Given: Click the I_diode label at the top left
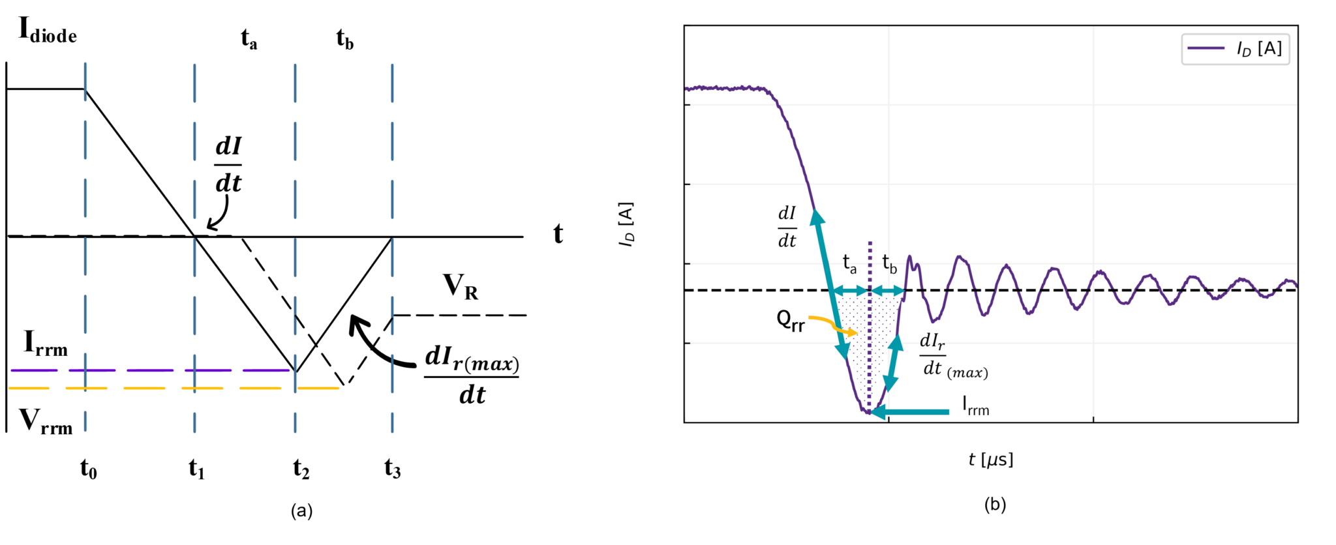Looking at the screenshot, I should pos(47,31).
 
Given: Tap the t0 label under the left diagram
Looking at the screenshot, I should pos(88,469).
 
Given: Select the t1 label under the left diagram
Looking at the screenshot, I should pos(196,469).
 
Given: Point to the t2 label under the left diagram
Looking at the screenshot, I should pos(301,469).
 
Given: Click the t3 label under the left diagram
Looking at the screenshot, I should pos(392,469).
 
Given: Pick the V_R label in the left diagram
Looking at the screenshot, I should pos(461,287).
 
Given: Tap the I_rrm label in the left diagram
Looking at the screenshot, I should pos(46,344).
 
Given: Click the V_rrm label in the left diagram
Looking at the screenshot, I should pos(46,422).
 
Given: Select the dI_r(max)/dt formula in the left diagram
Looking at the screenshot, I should pos(472,376).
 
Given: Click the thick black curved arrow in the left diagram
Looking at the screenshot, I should pos(378,346).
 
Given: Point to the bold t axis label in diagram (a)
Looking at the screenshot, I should pos(558,233).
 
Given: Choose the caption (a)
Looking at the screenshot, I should pos(301,510).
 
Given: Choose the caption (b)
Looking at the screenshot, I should pos(995,504).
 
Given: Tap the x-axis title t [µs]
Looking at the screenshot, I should pos(990,460).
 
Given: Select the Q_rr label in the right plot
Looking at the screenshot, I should pos(791,320).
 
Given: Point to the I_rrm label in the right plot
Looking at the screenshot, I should pos(976,406).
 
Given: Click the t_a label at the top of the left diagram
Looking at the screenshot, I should pos(249,39).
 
